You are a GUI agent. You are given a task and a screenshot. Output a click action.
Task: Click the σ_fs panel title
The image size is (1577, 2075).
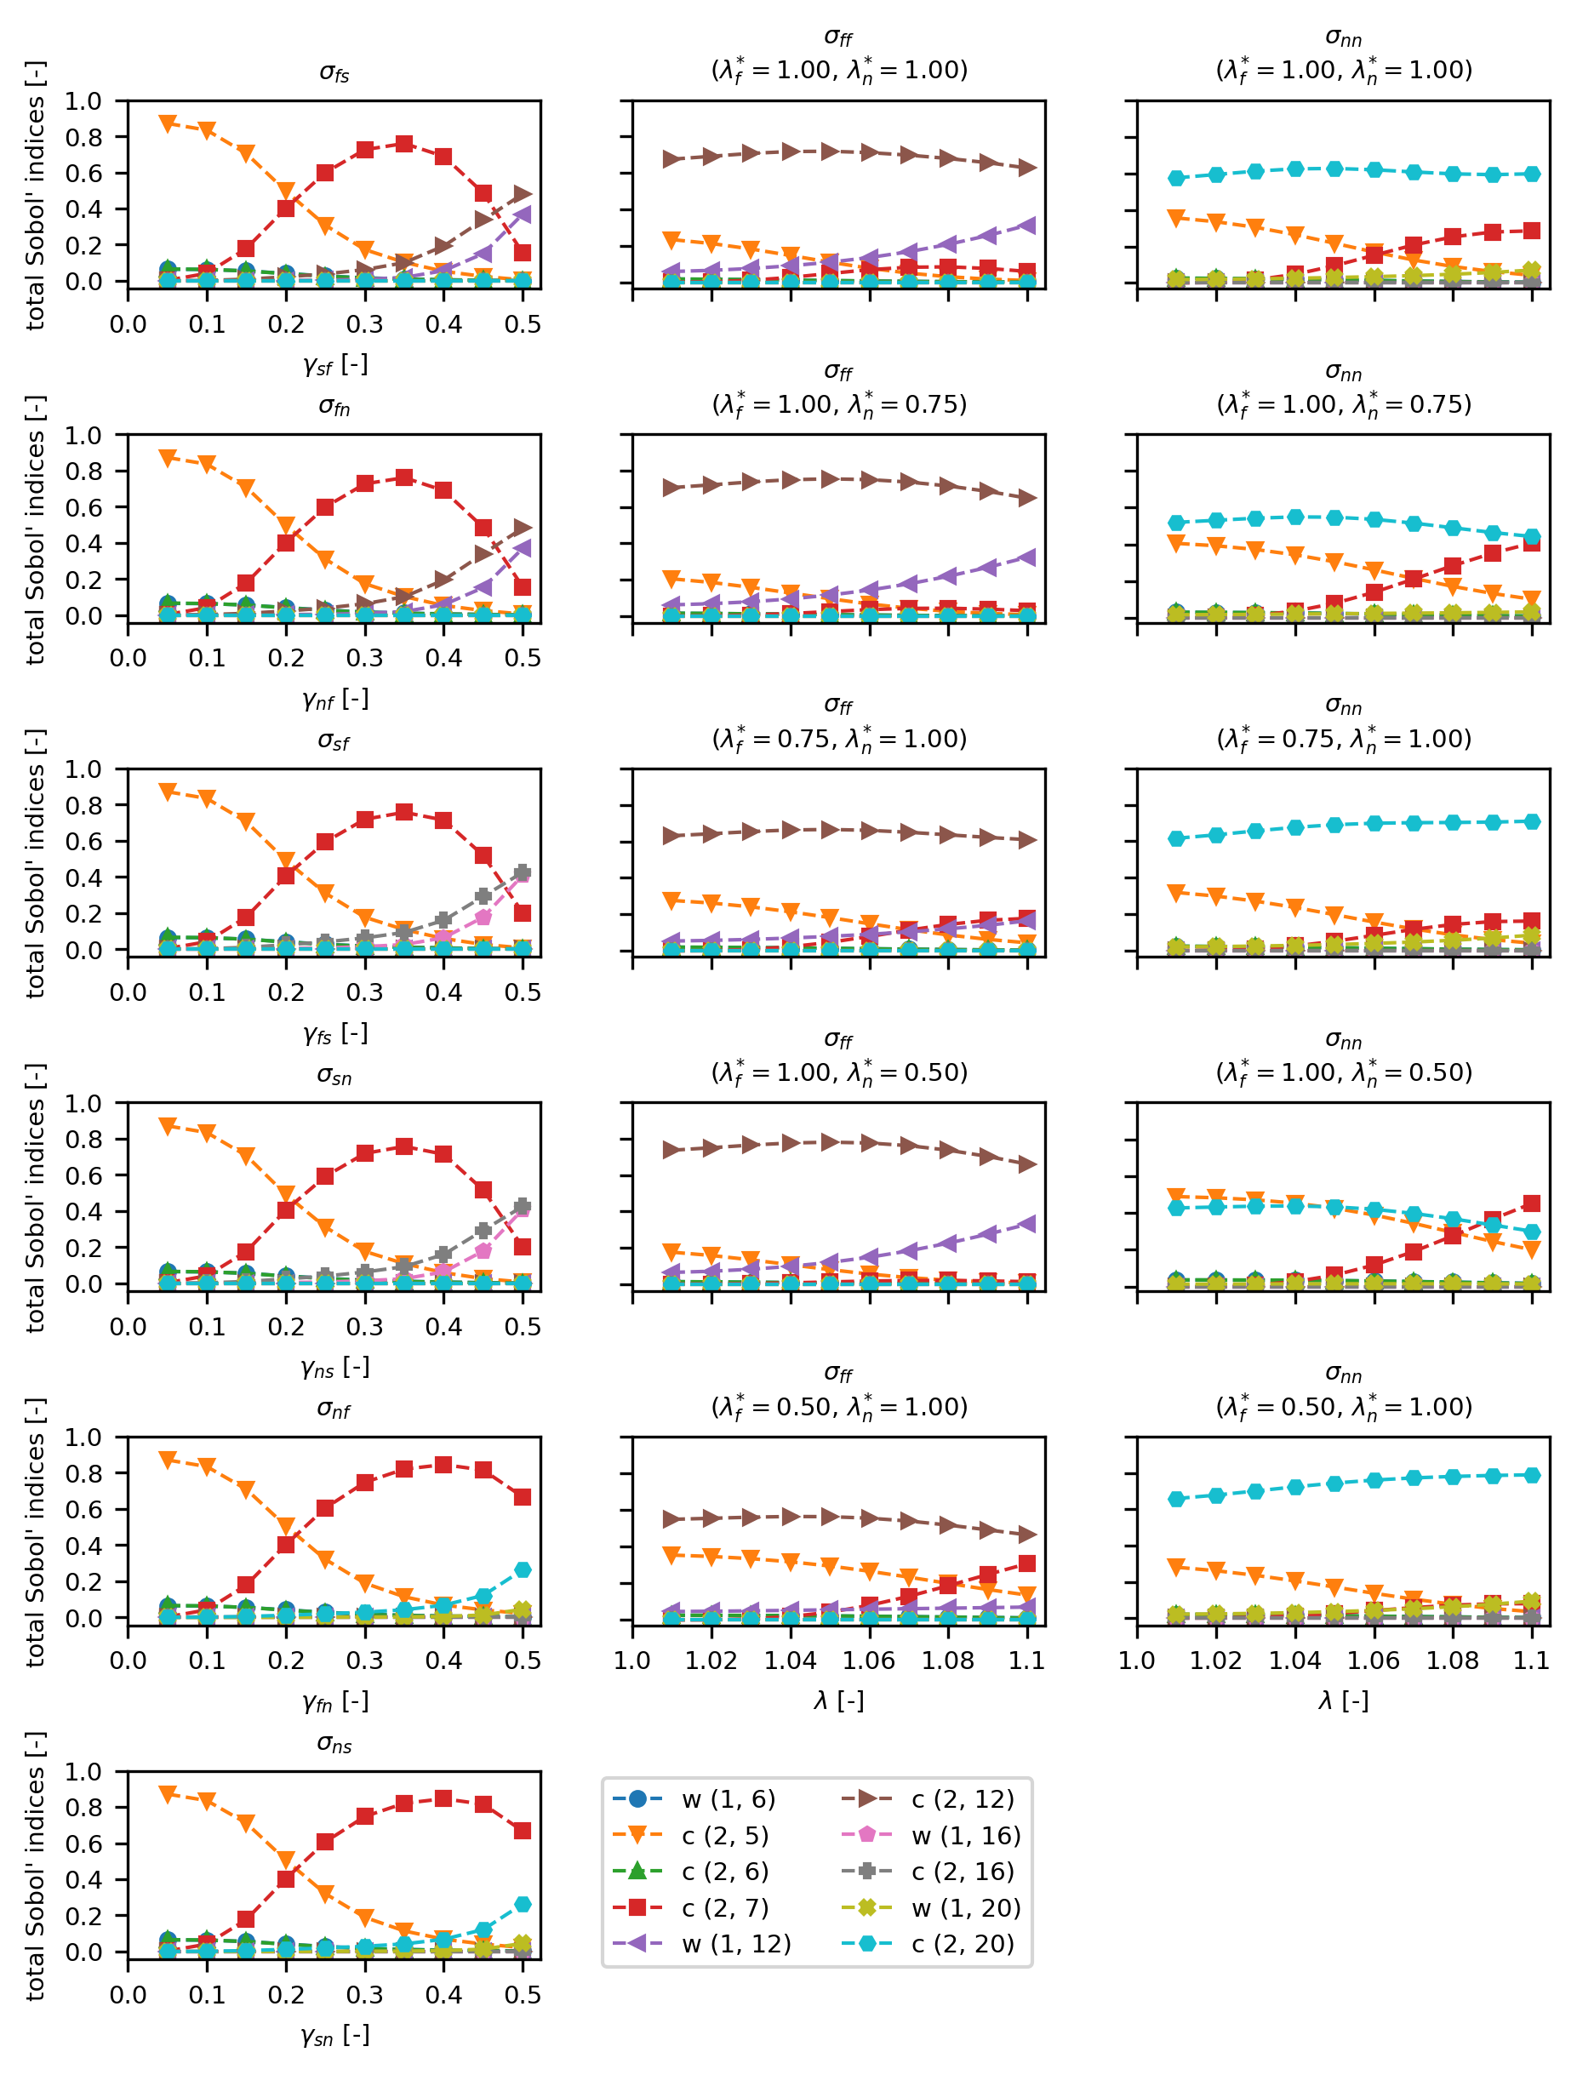point(334,73)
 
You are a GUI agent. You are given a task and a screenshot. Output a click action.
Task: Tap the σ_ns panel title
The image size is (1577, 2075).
point(334,1745)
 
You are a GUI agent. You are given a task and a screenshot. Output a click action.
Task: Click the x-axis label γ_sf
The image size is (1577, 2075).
point(335,365)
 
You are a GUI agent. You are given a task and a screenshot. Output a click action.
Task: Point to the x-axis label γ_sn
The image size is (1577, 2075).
point(335,2036)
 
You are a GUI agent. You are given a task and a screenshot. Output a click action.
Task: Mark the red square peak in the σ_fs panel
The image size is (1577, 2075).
point(403,144)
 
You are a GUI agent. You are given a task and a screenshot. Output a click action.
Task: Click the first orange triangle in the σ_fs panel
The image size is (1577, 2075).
point(168,123)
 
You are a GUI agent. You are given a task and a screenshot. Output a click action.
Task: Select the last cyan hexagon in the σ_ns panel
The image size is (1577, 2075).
point(523,1904)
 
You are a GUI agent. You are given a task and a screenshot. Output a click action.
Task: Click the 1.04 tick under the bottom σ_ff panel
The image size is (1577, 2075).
point(790,1661)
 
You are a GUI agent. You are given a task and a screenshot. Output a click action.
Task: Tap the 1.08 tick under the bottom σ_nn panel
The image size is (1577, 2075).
point(1453,1661)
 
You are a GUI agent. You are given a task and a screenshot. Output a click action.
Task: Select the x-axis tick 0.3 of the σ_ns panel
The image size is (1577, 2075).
point(364,1995)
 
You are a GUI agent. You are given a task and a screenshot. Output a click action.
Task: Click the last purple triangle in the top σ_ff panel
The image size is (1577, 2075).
point(1027,226)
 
